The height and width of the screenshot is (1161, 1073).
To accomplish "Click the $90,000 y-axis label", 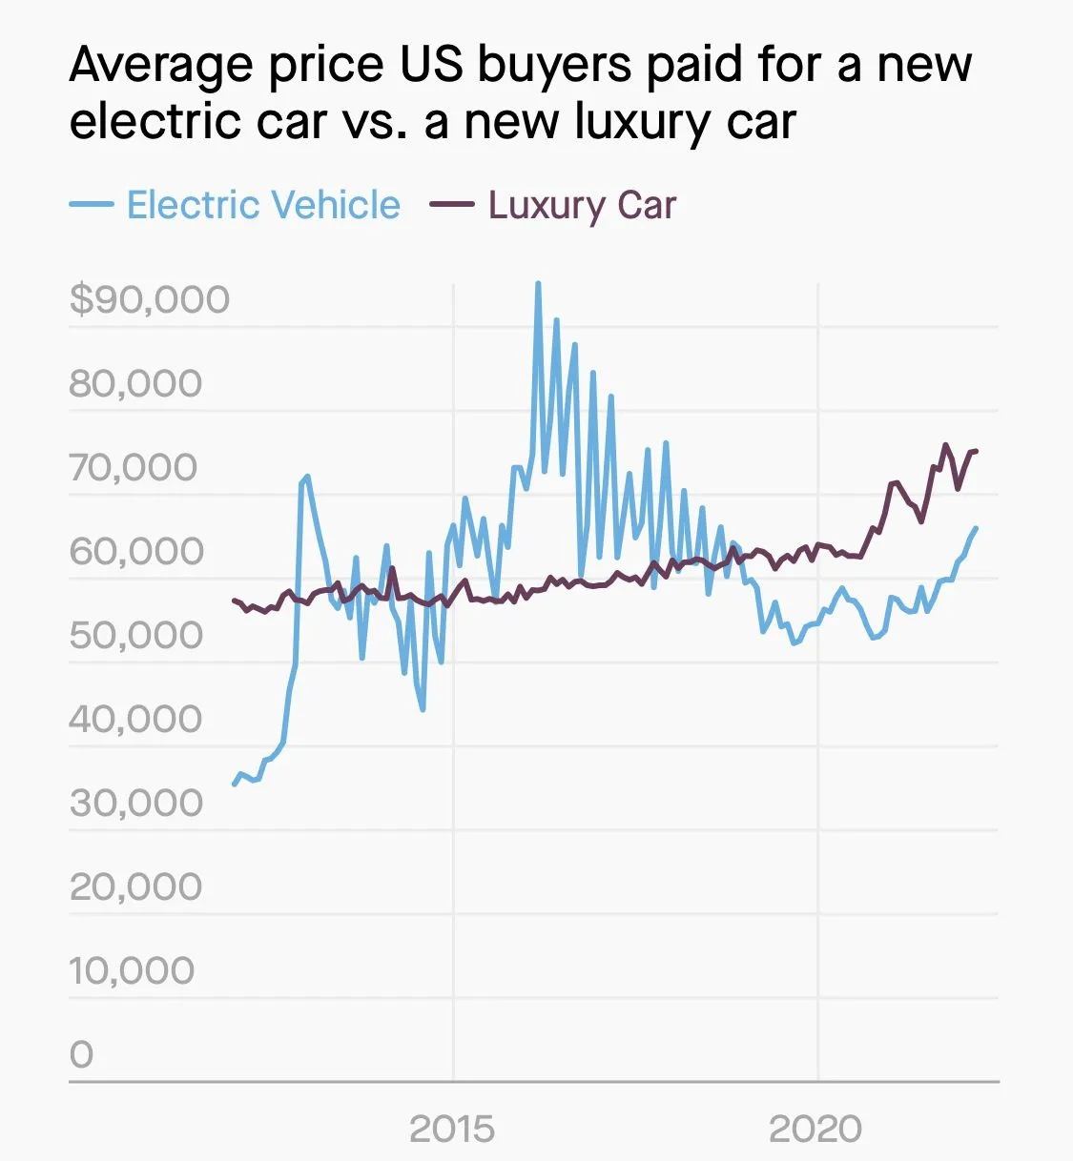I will [150, 299].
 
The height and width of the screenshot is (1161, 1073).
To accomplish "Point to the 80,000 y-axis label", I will [135, 383].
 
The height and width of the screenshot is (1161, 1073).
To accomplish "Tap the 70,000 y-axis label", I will [134, 467].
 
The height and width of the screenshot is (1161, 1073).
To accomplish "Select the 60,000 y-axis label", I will [135, 551].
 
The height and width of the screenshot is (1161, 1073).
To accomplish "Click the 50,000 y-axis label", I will [135, 635].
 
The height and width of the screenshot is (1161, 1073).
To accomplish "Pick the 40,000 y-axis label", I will [135, 719].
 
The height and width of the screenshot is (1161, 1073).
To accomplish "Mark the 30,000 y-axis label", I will [135, 803].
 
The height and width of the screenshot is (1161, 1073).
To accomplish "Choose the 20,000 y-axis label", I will [135, 886].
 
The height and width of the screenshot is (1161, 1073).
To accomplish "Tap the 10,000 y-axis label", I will [132, 970].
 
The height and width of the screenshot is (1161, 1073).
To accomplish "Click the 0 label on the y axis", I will [82, 1054].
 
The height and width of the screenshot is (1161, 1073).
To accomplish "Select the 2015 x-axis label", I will [452, 1130].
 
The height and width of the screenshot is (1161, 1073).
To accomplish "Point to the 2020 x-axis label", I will [815, 1130].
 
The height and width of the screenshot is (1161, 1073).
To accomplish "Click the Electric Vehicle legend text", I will [263, 205].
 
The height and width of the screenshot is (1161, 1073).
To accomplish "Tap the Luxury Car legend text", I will [582, 205].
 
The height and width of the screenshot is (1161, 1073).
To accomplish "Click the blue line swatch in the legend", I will [92, 205].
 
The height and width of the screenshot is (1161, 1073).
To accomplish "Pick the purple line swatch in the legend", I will [451, 205].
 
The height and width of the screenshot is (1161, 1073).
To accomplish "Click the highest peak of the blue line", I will [538, 283].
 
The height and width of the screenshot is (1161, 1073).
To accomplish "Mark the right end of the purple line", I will [976, 451].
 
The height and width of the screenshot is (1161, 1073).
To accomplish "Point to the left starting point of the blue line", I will [234, 784].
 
